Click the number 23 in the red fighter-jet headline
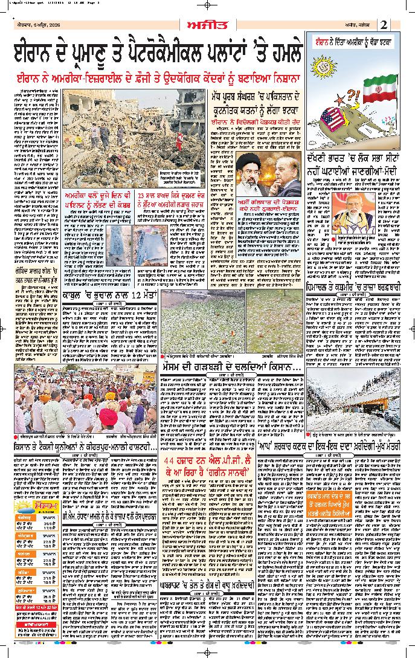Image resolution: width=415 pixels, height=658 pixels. tap(141, 196)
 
